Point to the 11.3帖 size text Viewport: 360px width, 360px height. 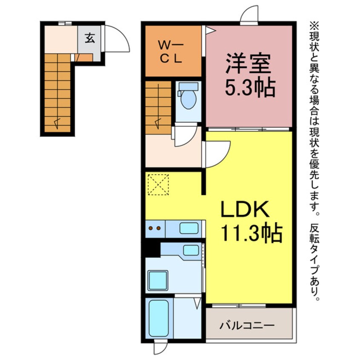(251, 233)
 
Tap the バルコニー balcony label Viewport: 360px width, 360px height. (247, 326)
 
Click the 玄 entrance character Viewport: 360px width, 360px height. (90, 38)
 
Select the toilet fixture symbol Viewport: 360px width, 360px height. (187, 98)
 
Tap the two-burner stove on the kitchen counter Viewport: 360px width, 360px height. (155, 229)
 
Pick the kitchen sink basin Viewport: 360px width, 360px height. (188, 229)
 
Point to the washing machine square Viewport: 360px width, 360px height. (158, 280)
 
